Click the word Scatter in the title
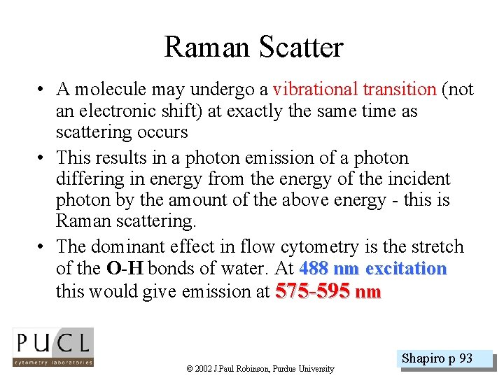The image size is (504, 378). coord(301,48)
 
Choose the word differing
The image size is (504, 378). coord(86,179)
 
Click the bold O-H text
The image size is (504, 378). coord(125,269)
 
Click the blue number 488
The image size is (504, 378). coord(314,269)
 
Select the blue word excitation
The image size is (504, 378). coord(406,269)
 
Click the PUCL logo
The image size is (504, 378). coord(52,348)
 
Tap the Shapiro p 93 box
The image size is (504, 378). coord(437,359)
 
